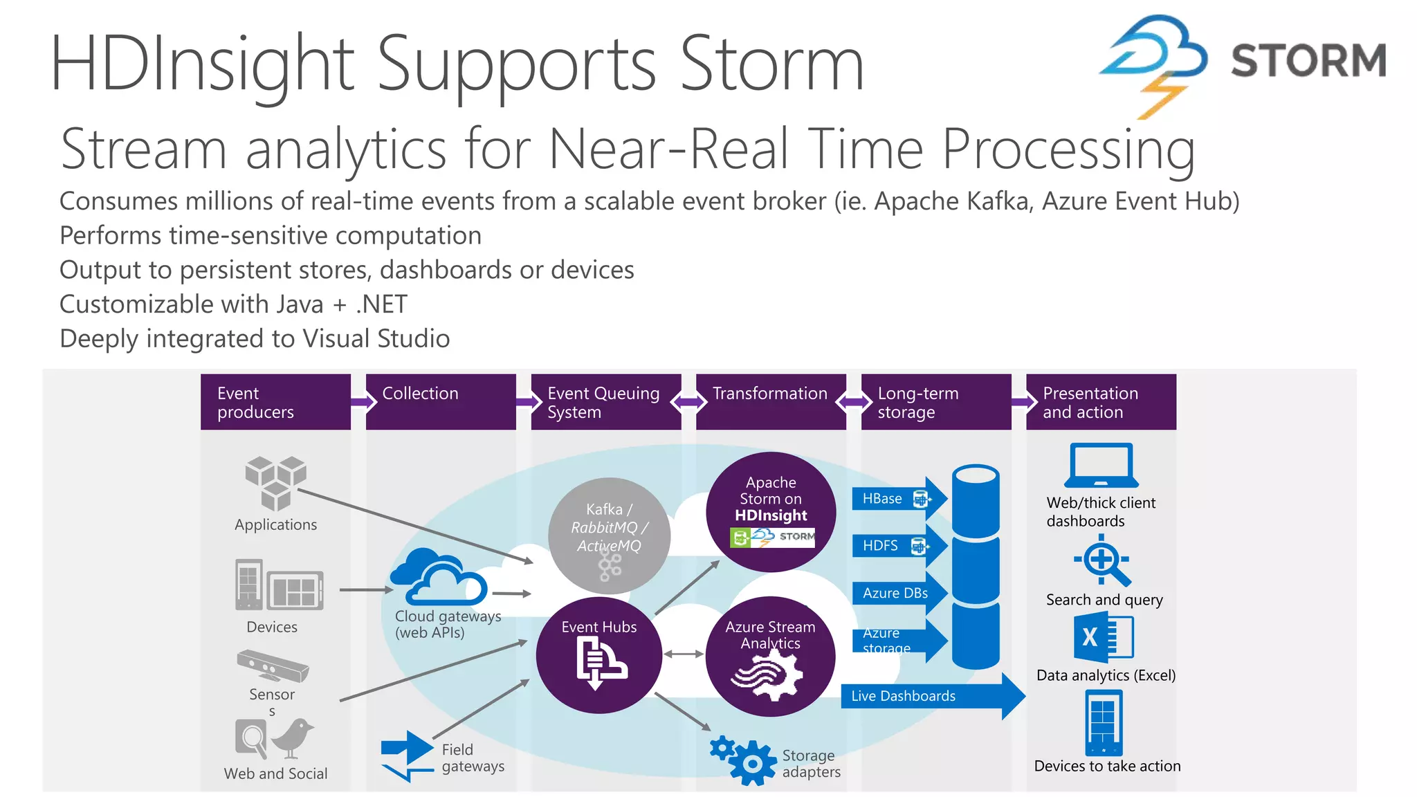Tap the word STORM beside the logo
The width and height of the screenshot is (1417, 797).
coord(1308,60)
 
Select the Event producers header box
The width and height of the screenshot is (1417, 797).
coord(275,402)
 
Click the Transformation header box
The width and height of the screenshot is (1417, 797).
coord(770,402)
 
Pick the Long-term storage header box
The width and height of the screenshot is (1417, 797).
coord(935,402)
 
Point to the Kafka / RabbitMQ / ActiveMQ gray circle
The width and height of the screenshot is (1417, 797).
coord(609,535)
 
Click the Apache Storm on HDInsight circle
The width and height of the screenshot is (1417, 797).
coord(771,512)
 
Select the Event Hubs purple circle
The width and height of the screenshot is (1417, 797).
coord(598,655)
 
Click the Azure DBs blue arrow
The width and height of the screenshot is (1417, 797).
coord(895,594)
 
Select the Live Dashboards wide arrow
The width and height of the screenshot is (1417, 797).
coord(927,696)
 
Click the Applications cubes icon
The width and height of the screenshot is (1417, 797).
coord(275,482)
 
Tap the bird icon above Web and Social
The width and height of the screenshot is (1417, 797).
coord(293,738)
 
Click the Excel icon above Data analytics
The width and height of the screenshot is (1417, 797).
coord(1103,637)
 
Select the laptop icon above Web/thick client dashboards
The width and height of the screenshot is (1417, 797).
coord(1101,466)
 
